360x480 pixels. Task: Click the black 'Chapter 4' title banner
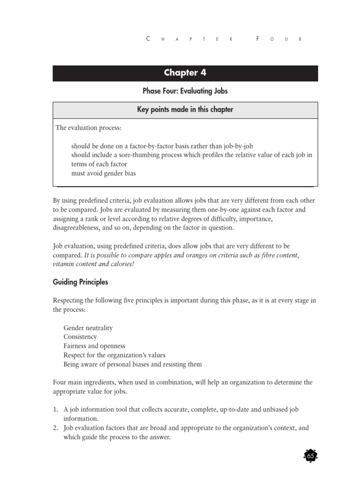tap(185, 73)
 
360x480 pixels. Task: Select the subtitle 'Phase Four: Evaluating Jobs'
tap(185, 91)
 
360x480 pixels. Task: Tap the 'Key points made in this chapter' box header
tap(185, 110)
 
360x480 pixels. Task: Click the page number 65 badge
tap(310, 456)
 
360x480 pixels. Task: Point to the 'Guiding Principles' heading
tap(80, 282)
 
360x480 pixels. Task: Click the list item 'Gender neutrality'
tap(88, 328)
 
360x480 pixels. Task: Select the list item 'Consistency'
tap(80, 337)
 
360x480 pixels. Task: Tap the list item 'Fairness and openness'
tap(94, 346)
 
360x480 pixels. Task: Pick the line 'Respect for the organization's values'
tap(114, 355)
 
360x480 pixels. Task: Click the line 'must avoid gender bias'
tap(104, 173)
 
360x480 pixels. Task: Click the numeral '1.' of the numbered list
tap(55, 410)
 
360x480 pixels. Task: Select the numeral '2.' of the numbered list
tap(55, 428)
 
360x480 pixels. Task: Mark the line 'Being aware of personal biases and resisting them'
tap(133, 364)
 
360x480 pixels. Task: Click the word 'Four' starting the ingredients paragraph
tap(60, 382)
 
